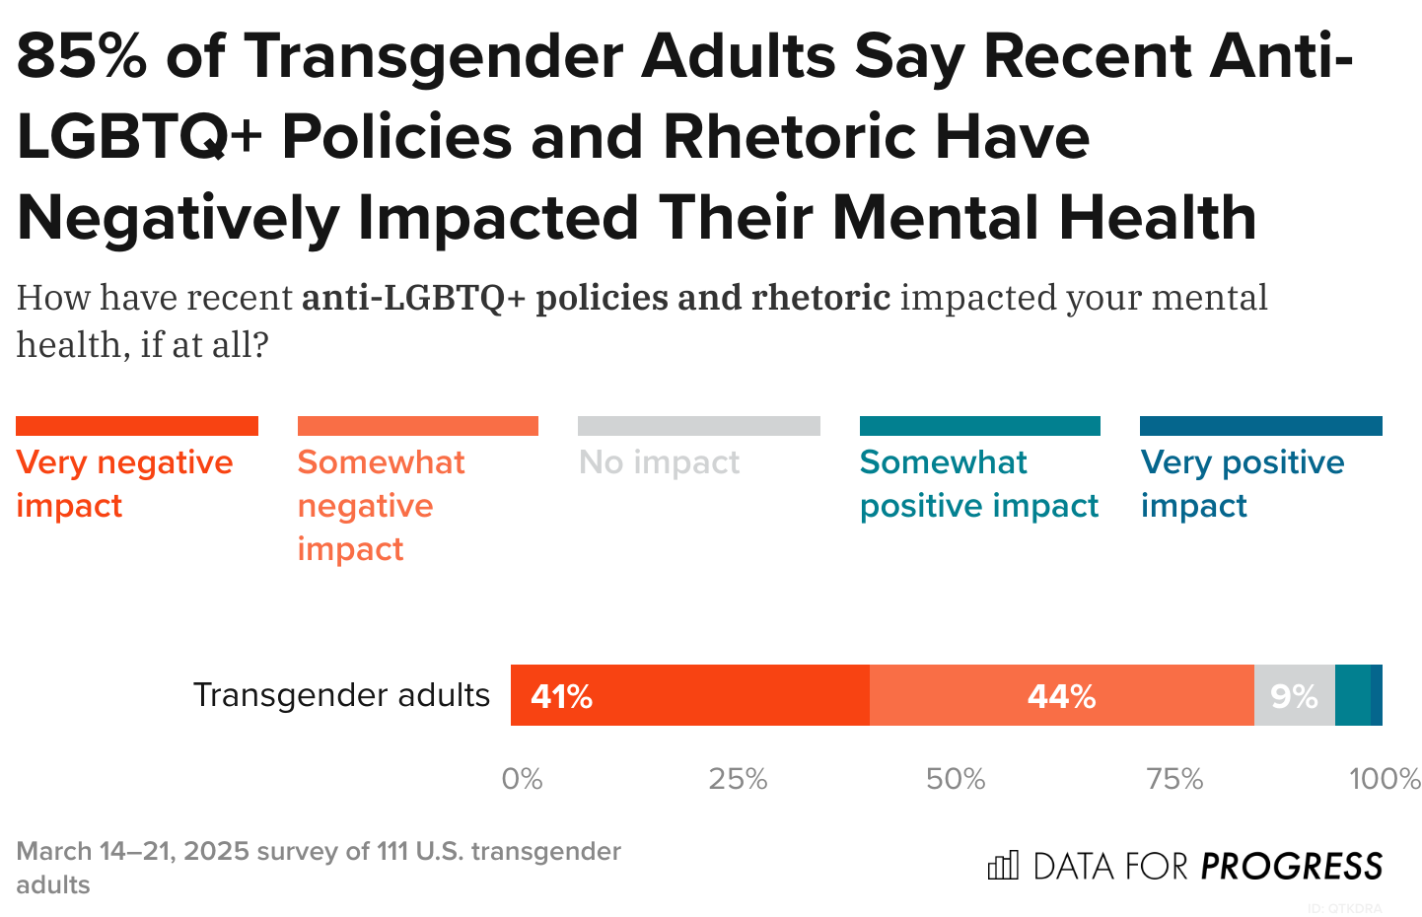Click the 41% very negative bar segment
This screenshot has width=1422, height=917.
click(689, 695)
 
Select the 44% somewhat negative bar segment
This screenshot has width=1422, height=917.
click(1061, 695)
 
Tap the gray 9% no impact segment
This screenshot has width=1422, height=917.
click(1294, 695)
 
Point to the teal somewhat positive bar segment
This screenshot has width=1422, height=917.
click(1352, 695)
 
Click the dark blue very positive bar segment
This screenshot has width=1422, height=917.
click(1377, 695)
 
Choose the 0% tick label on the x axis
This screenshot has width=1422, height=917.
click(522, 779)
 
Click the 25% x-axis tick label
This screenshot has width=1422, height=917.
click(738, 779)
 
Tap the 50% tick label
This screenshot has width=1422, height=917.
click(956, 779)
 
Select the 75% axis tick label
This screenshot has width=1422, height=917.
click(1174, 779)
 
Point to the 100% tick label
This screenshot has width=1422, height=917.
click(1385, 779)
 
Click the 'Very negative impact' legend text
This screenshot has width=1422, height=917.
click(124, 483)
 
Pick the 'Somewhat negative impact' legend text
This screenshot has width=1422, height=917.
click(381, 505)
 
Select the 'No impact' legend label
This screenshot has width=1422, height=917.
click(659, 462)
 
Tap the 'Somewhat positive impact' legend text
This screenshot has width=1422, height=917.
click(978, 483)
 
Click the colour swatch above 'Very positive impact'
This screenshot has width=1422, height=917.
click(1260, 426)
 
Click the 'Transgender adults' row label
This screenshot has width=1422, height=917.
click(341, 695)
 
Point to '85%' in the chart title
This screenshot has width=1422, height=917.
click(81, 56)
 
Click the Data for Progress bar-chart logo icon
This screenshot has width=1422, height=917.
click(1003, 866)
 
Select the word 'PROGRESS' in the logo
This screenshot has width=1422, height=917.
click(1292, 867)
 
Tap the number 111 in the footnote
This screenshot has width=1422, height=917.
click(392, 851)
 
